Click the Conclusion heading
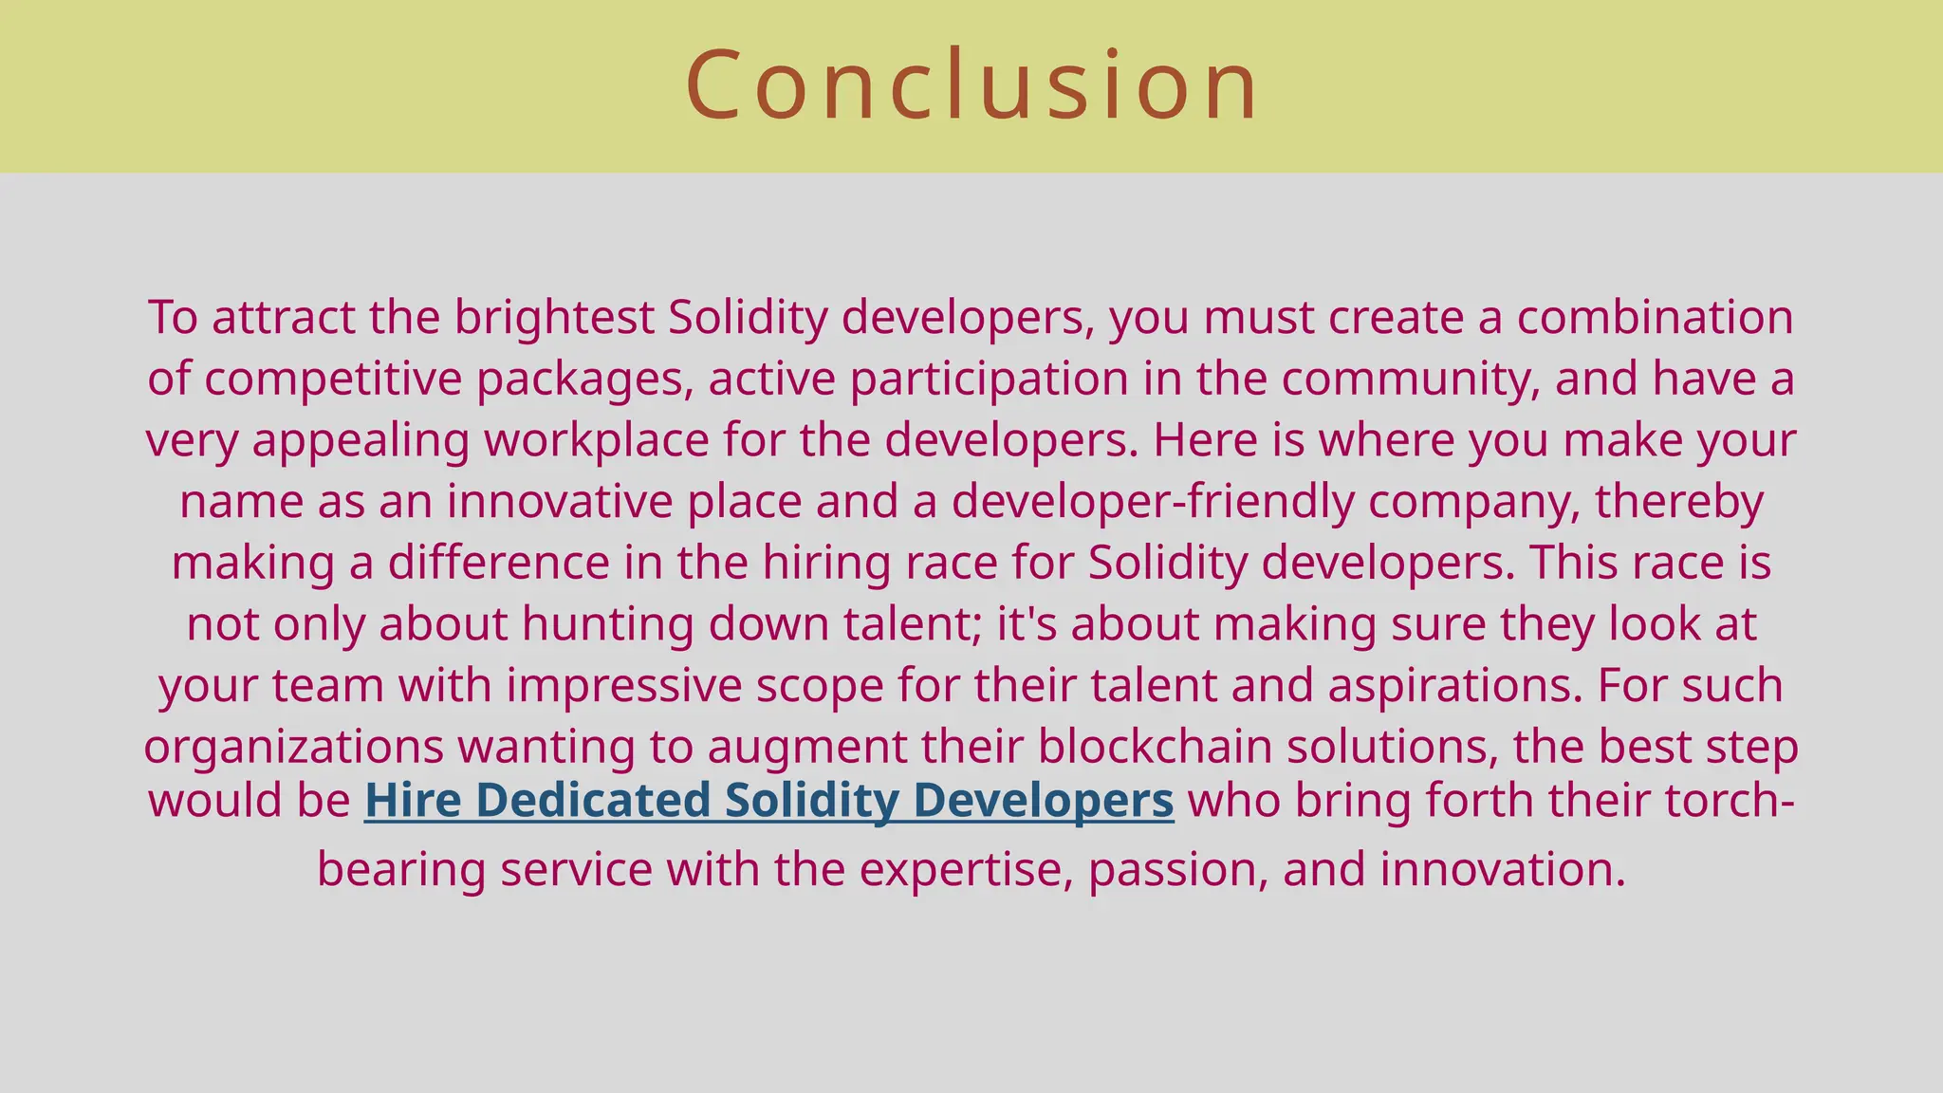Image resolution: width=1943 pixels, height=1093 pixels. pos(971,85)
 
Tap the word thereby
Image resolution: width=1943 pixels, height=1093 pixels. pos(1678,501)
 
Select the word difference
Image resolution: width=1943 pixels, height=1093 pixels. pos(498,563)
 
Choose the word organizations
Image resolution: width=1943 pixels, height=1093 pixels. pos(293,747)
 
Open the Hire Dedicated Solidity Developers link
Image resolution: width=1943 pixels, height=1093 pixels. pos(768,800)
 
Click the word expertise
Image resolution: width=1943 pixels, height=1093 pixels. pos(967,869)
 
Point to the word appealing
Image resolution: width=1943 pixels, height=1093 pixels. pos(361,440)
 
